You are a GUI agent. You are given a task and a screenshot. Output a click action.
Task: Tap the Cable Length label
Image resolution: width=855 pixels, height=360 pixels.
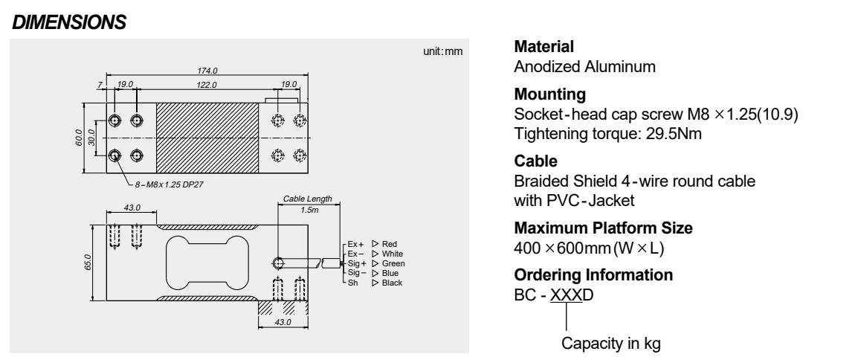point(307,199)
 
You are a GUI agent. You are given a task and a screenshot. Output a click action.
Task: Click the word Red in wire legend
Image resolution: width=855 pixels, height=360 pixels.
point(390,243)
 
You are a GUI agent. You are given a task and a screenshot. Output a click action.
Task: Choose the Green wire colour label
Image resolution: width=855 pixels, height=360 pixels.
point(393,263)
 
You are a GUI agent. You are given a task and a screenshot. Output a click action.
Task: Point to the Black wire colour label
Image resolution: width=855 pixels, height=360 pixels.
point(392,282)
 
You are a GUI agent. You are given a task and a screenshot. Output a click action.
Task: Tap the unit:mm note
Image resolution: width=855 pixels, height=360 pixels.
point(442,53)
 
